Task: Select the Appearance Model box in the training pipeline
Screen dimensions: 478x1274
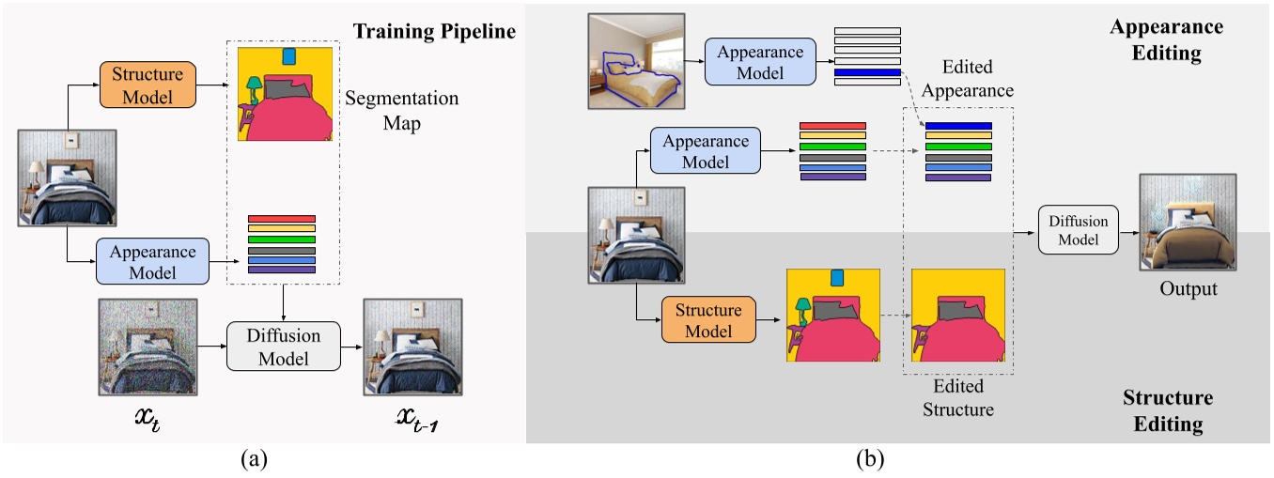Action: [152, 262]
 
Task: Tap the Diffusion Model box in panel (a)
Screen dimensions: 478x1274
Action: [284, 347]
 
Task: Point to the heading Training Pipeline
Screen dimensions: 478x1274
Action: [434, 32]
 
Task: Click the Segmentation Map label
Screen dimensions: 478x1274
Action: [401, 109]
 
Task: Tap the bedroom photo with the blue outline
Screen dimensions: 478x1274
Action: [636, 61]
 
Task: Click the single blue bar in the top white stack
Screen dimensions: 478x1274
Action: [866, 71]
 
